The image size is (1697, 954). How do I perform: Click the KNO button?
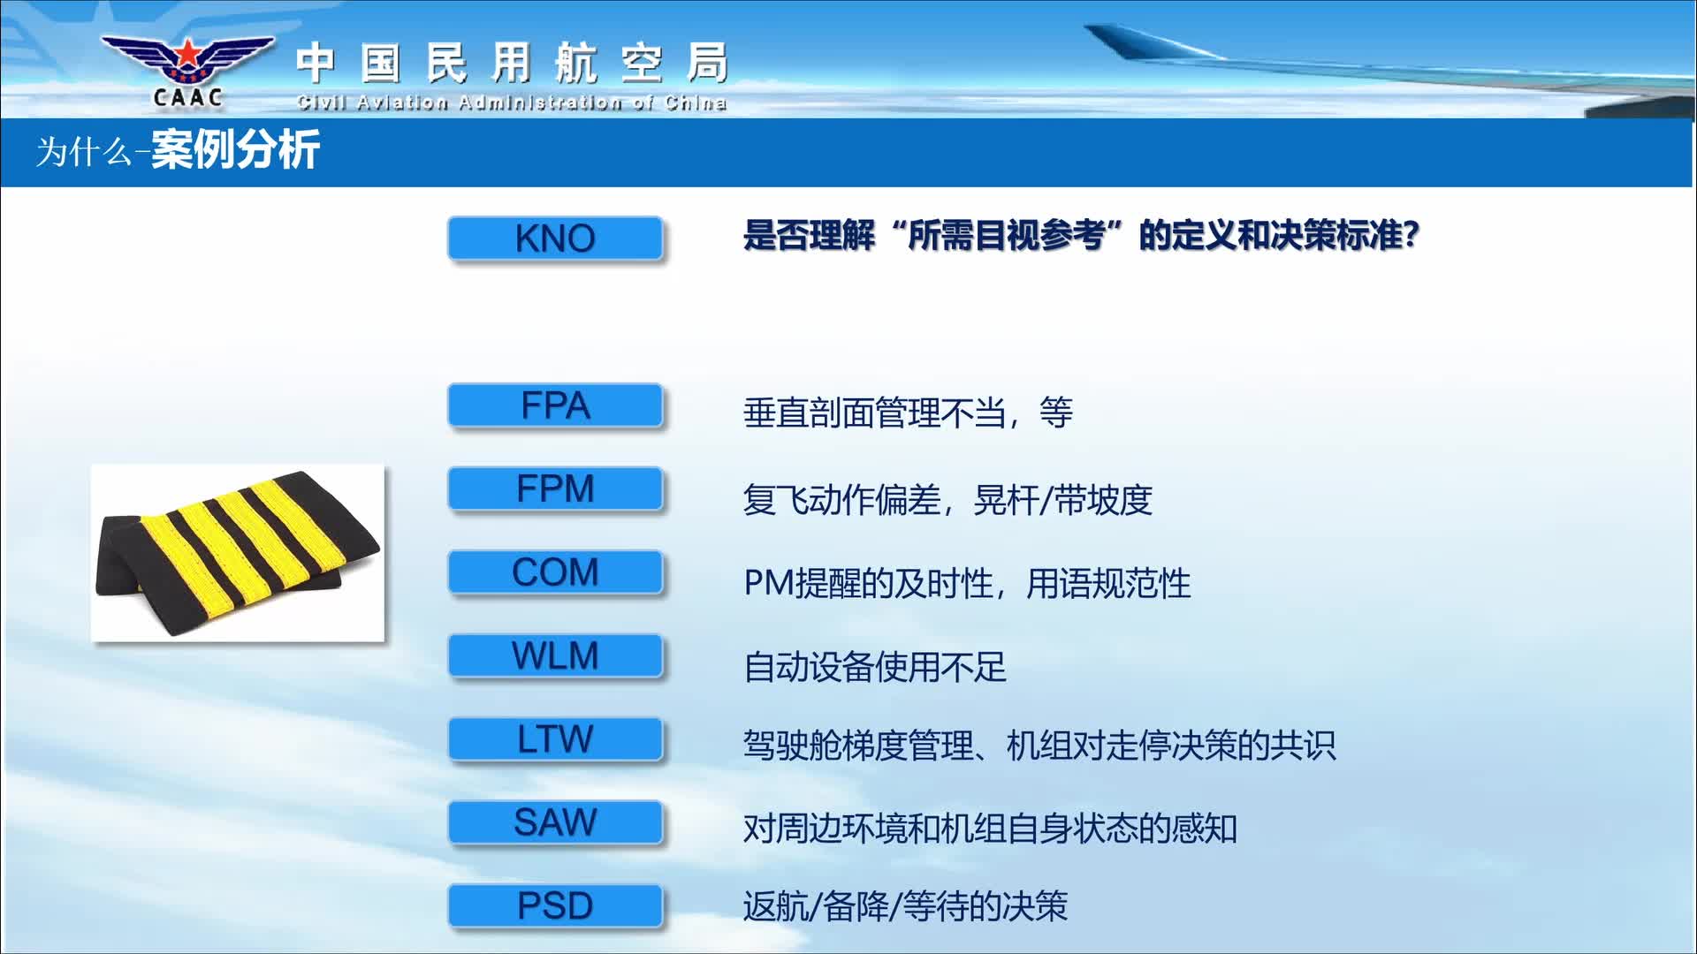[x=555, y=238]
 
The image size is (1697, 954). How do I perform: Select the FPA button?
[x=555, y=405]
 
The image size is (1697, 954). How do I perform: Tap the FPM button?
[x=555, y=488]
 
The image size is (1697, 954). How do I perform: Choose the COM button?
[x=555, y=572]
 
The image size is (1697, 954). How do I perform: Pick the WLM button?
[x=555, y=655]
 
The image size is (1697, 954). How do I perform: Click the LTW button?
[x=555, y=739]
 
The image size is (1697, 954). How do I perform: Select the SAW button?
[x=555, y=822]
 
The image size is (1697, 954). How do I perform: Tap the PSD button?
[x=555, y=906]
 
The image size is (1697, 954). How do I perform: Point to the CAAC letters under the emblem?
[x=187, y=98]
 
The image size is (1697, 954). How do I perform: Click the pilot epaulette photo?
[x=238, y=553]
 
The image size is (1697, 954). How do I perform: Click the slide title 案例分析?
[x=235, y=150]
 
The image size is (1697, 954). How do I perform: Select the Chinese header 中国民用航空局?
[x=513, y=64]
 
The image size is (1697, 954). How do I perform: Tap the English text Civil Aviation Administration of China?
[x=512, y=102]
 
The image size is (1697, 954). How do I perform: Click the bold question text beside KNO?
[x=1081, y=236]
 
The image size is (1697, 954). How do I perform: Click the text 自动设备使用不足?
[x=875, y=667]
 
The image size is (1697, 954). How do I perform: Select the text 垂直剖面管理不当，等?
[x=909, y=413]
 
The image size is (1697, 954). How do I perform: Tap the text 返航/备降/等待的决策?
[x=906, y=906]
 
